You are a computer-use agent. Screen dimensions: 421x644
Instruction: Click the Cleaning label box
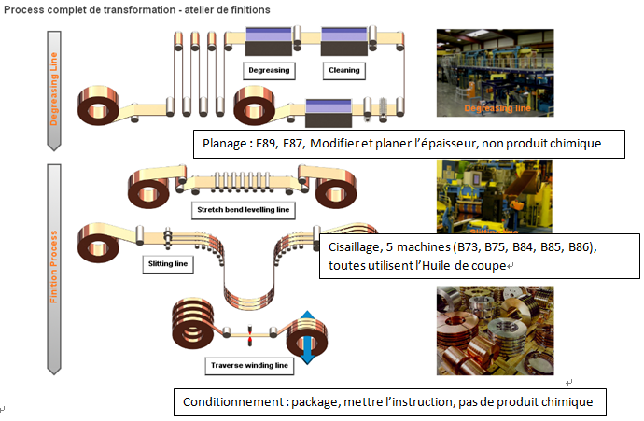click(x=343, y=70)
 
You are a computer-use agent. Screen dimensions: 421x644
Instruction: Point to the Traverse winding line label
click(x=253, y=365)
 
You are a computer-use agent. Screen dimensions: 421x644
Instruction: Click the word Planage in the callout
click(x=225, y=145)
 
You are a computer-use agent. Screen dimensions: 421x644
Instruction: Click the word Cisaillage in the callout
click(x=359, y=248)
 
